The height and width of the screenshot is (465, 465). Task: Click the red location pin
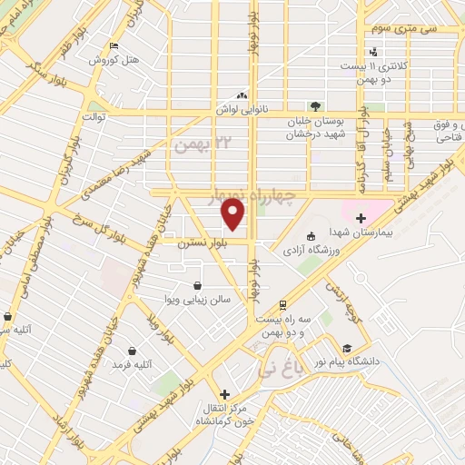tap(233, 213)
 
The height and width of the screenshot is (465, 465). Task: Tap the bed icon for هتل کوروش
tap(113, 46)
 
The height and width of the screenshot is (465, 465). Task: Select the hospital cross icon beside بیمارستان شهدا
tap(361, 217)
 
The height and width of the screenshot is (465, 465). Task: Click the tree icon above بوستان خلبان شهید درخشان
tap(315, 106)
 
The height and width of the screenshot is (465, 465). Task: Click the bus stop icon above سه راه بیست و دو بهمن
tap(283, 305)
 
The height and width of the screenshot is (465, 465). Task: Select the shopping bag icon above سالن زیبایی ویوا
tap(197, 285)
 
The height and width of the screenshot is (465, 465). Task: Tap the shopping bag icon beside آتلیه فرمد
tap(133, 351)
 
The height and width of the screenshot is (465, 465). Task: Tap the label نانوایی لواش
tap(239, 107)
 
